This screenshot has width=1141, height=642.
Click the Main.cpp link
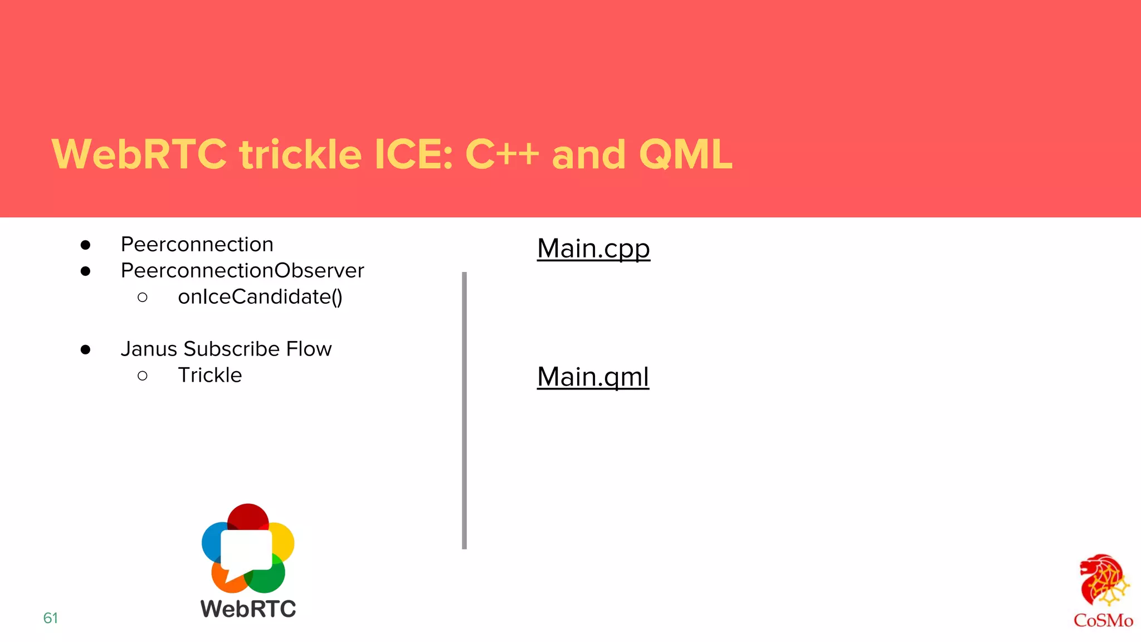[593, 249]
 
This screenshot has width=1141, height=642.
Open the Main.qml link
[593, 377]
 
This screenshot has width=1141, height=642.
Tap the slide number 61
[51, 618]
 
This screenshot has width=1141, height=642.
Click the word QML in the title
[686, 154]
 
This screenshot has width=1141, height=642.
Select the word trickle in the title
[300, 154]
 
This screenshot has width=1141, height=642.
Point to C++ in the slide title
[502, 154]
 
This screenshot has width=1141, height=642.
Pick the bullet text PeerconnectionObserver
[242, 271]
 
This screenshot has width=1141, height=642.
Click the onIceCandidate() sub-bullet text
[260, 297]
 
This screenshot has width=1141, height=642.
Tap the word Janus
[149, 349]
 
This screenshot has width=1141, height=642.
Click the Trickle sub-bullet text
[210, 376]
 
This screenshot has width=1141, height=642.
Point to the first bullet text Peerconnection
[197, 245]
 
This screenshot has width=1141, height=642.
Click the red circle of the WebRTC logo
[248, 516]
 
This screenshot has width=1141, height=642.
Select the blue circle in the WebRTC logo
[211, 541]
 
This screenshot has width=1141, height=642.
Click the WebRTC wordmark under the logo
[248, 609]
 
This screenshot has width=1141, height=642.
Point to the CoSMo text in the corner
[1103, 621]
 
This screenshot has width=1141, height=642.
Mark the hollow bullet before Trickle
[143, 376]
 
